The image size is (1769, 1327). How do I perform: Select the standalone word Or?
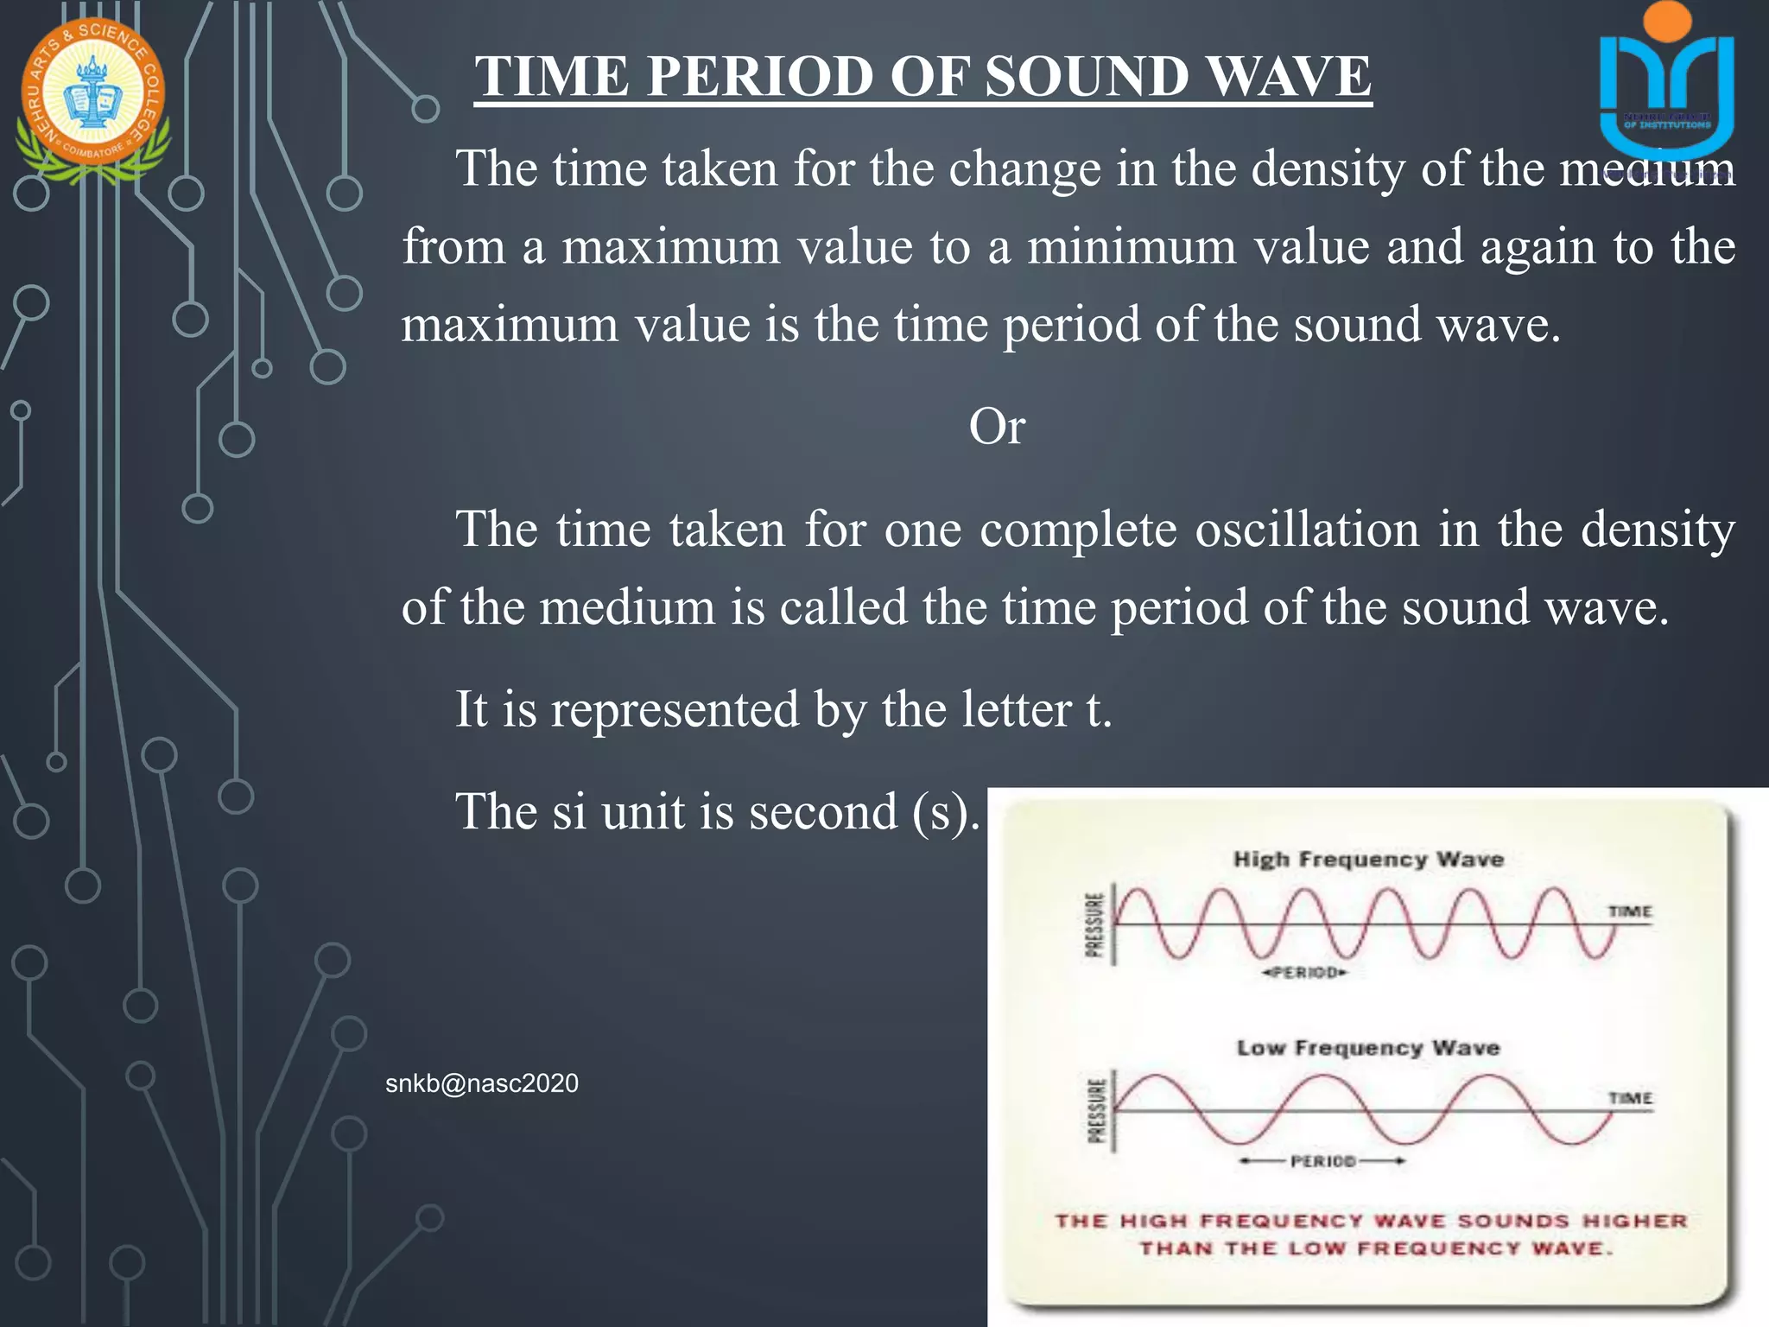click(996, 427)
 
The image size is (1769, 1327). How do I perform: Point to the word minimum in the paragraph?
click(1132, 247)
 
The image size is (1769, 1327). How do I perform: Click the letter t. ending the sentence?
click(1098, 709)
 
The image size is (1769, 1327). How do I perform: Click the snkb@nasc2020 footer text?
click(481, 1083)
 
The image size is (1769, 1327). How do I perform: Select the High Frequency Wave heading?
click(1368, 859)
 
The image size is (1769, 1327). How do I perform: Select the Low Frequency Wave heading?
click(1368, 1048)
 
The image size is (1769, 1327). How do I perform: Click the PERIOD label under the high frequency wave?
click(1304, 973)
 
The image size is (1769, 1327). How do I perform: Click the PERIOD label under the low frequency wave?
click(1322, 1161)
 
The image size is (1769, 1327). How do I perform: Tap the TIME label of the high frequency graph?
click(1629, 911)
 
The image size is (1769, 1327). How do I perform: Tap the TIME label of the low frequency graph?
click(1630, 1098)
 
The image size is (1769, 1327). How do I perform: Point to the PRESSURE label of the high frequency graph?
click(1094, 924)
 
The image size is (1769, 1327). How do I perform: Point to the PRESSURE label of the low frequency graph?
click(1095, 1111)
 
